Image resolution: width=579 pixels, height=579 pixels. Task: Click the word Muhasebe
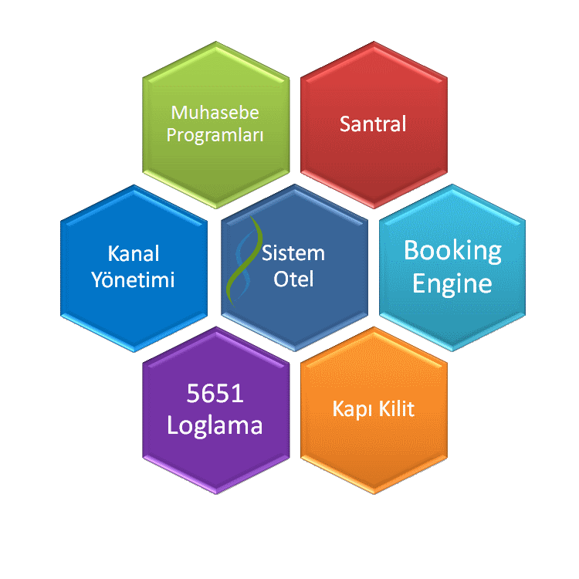(215, 112)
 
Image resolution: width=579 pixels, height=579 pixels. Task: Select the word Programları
(215, 135)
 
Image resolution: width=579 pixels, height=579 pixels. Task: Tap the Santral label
(373, 124)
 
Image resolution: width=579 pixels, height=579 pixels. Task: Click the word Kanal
(134, 254)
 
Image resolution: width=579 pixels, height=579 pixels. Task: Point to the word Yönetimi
(133, 279)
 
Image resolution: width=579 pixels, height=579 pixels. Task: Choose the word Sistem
(293, 253)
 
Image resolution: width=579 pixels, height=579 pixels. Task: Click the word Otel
(293, 279)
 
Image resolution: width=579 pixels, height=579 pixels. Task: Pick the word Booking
(452, 252)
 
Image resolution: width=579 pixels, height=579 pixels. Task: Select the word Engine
(452, 284)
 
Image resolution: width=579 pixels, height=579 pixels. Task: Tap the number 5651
(215, 393)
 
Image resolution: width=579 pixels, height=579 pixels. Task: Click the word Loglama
(215, 426)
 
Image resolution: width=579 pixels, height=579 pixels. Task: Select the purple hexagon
(216, 410)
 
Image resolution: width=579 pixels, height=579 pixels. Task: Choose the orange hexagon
(374, 410)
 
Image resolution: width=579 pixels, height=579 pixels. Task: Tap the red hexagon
(374, 125)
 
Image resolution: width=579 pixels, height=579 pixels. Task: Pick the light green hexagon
(216, 125)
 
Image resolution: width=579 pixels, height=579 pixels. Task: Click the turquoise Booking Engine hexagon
(452, 268)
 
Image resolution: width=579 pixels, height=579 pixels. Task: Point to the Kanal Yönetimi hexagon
(134, 268)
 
